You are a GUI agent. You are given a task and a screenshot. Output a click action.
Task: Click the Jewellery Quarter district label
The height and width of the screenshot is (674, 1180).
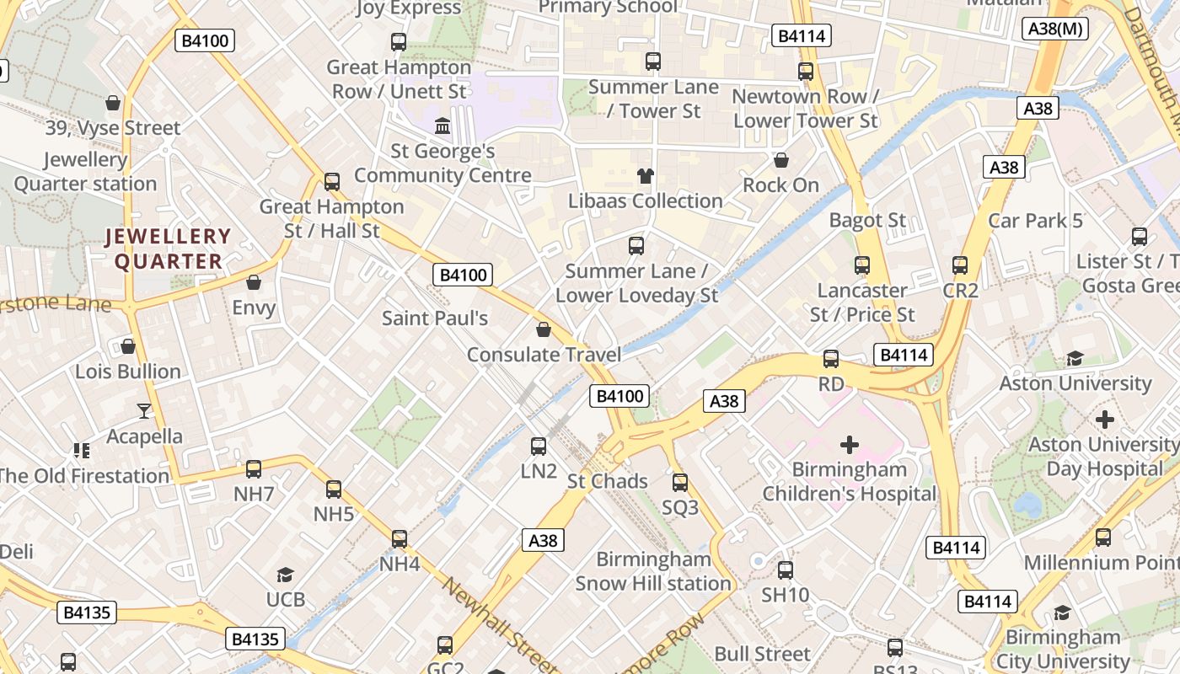click(x=168, y=249)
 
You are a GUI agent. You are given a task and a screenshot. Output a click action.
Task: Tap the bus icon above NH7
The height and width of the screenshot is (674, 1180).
click(x=254, y=469)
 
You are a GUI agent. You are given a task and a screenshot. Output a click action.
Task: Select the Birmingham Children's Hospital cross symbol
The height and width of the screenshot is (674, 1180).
click(x=850, y=444)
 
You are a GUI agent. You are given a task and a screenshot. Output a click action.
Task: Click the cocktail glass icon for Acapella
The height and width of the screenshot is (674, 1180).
click(x=144, y=411)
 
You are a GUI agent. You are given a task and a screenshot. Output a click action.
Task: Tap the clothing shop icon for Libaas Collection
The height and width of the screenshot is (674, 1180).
click(x=646, y=176)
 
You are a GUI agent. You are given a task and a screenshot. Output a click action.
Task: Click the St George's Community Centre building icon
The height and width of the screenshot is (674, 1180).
click(x=442, y=126)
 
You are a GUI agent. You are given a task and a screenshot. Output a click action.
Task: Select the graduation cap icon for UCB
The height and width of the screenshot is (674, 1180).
click(x=285, y=575)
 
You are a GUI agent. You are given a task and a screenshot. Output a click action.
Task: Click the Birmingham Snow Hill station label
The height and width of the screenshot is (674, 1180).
click(x=653, y=571)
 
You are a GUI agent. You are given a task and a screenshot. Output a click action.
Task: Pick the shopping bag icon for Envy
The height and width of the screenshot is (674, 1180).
click(x=254, y=282)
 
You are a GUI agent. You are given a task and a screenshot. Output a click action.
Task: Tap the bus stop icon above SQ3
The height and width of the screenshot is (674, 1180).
click(x=680, y=483)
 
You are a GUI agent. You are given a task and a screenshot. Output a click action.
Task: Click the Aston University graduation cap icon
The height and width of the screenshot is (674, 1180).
click(x=1075, y=359)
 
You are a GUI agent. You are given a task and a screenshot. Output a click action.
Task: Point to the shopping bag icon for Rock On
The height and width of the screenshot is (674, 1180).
click(x=781, y=160)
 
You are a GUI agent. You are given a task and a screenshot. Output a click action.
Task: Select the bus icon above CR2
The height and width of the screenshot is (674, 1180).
click(x=960, y=265)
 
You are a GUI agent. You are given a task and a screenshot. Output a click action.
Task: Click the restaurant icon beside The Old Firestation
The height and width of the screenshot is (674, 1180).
click(x=82, y=451)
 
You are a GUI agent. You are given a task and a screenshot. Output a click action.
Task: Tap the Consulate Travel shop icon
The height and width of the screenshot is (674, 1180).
click(x=544, y=329)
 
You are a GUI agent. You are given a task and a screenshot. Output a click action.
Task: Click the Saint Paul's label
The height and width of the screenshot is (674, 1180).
click(x=435, y=318)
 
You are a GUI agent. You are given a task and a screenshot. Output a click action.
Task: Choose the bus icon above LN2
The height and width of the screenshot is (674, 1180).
click(x=539, y=446)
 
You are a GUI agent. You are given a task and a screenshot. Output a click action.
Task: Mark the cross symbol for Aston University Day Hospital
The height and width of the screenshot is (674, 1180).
click(x=1105, y=419)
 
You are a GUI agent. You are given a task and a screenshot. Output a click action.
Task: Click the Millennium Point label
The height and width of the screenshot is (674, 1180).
click(x=1101, y=562)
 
